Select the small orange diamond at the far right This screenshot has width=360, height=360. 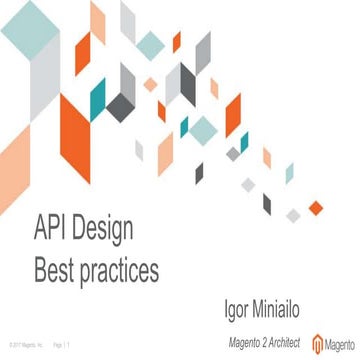point(317,207)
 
